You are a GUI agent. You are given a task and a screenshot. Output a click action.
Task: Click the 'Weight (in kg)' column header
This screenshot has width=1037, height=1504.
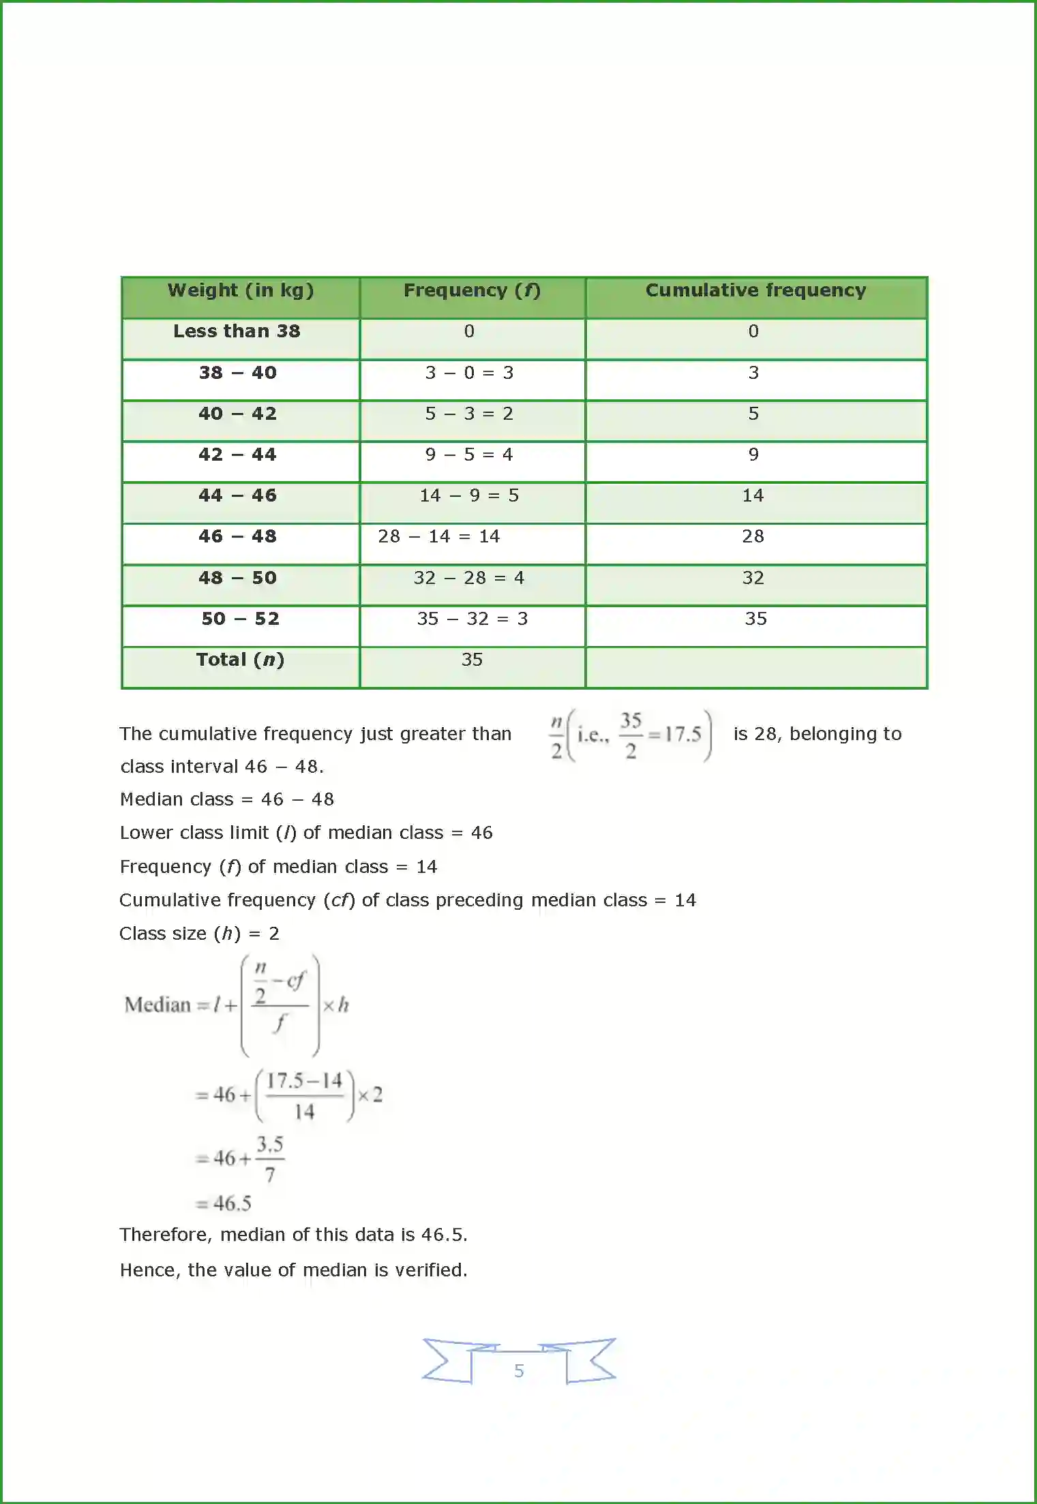pos(241,291)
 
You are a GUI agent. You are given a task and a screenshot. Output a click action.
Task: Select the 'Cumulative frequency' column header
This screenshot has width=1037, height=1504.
pos(755,291)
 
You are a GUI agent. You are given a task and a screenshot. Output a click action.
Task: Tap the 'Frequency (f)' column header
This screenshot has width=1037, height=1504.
pos(472,291)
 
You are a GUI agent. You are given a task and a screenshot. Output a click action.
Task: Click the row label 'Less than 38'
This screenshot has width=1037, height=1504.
pos(237,332)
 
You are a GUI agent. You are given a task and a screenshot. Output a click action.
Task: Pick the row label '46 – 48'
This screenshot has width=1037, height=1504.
pos(237,537)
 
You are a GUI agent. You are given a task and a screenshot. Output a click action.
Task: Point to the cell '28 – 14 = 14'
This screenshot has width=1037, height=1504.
pos(439,537)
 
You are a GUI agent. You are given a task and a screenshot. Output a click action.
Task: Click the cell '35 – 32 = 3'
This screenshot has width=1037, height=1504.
pos(472,619)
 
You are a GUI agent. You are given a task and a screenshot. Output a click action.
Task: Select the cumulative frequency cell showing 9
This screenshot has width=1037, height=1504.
pos(753,455)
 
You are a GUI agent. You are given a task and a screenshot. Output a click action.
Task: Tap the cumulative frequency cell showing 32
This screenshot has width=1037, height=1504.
pos(753,578)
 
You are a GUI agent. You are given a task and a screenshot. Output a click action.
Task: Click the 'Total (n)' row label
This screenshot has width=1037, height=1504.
pos(240,660)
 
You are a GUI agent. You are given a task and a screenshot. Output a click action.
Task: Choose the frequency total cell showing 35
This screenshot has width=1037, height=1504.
pos(472,660)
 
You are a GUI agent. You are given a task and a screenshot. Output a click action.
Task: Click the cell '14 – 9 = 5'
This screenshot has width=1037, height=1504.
pos(469,496)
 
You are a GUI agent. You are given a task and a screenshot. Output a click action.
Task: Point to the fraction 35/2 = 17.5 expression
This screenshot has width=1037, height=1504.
pos(659,735)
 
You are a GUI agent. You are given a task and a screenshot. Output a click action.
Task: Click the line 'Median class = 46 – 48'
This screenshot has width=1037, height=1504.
pos(227,799)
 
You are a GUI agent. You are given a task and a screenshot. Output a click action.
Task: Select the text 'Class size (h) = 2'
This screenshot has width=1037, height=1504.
pos(199,934)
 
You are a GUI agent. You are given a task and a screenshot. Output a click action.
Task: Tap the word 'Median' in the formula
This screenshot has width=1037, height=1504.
pos(157,1005)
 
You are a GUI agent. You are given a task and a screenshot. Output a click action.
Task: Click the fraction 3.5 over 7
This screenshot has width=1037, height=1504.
pos(270,1159)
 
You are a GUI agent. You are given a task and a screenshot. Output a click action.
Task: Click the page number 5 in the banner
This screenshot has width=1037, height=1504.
pos(519,1370)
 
